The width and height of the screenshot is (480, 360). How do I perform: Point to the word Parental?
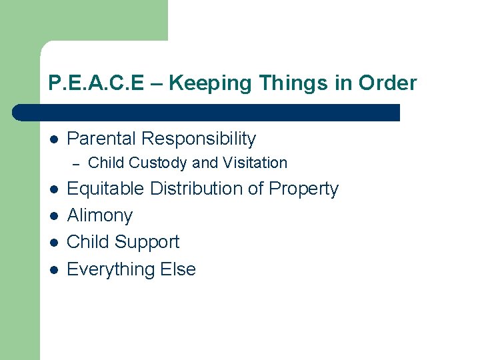[101, 139]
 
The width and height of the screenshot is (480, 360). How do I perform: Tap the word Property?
[303, 189]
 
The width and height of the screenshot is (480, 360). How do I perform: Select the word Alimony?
[100, 215]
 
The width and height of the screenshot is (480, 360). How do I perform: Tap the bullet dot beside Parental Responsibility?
[53, 139]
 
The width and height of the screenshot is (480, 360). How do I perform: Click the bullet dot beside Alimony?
[53, 216]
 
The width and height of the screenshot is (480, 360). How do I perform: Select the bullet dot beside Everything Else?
[53, 270]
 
